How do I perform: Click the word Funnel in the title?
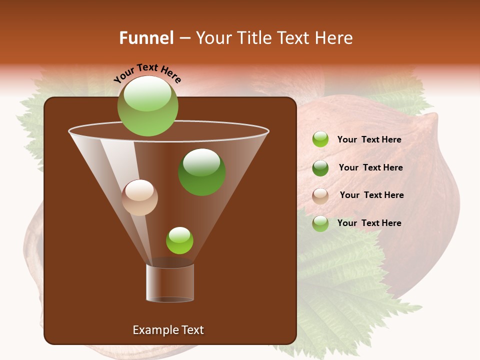(146, 38)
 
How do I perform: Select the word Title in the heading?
(249, 38)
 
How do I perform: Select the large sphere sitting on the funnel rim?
(147, 106)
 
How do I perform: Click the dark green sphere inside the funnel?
(202, 172)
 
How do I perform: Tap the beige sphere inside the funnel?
(139, 197)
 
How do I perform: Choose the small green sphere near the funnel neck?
(179, 240)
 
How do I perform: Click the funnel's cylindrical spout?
(170, 282)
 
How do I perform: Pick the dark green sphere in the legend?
(320, 168)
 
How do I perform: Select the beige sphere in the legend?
(320, 196)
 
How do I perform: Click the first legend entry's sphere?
(320, 139)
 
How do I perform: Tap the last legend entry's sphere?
(320, 223)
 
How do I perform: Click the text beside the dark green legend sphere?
(370, 168)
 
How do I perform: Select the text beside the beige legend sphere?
(371, 195)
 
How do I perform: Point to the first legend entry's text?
(369, 140)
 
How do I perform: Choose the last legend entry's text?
(369, 223)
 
